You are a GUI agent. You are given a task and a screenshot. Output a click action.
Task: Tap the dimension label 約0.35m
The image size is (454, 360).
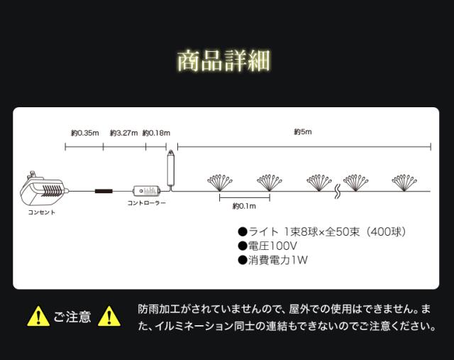point(84,132)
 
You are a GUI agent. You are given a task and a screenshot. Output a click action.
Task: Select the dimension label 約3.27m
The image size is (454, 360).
point(123,132)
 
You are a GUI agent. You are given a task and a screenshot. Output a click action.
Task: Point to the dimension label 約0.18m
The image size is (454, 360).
point(156,132)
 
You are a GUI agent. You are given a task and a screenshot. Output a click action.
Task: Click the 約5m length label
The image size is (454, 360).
point(303,132)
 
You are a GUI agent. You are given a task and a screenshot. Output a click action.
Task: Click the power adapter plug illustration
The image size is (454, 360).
point(43,190)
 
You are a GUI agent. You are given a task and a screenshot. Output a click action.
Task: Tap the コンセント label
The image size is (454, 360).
point(41,212)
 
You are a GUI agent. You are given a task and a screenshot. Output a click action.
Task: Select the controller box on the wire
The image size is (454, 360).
point(147,191)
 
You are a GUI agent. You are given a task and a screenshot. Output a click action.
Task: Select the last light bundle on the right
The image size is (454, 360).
point(406,182)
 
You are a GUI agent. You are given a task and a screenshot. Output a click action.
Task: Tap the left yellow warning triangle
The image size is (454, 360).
point(38,317)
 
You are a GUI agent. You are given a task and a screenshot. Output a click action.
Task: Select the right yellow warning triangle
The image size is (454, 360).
point(109,317)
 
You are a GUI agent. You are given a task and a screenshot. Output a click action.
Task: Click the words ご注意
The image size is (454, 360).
point(72,317)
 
